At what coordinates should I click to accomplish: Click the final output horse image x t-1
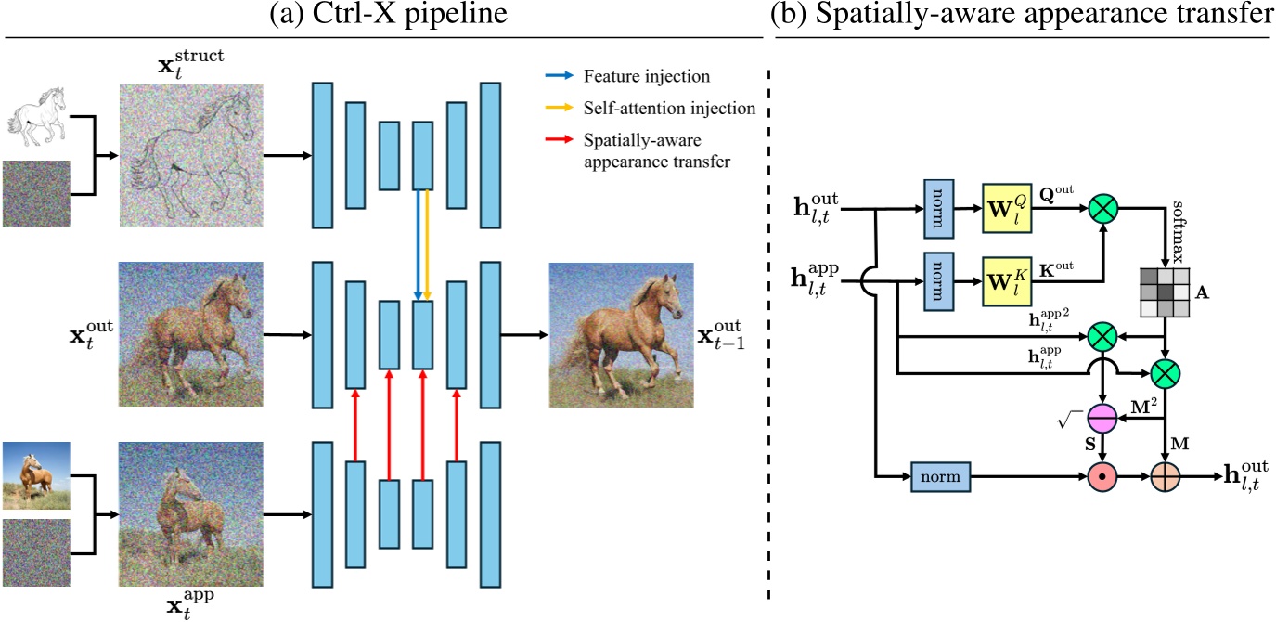(621, 334)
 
